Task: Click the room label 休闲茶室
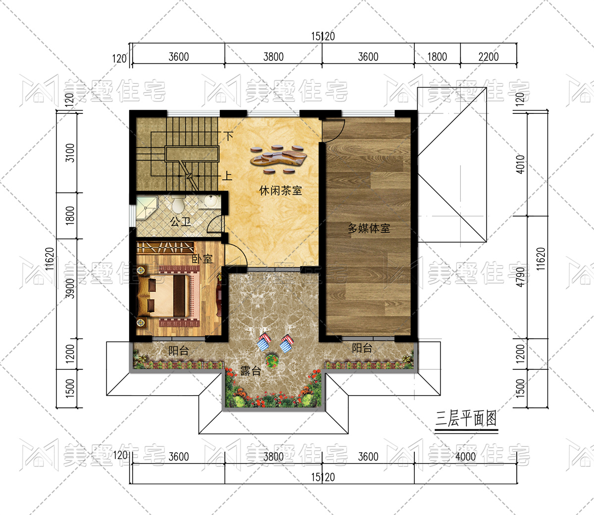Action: coord(280,191)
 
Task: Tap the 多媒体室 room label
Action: coord(369,228)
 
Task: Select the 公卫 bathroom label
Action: coord(181,222)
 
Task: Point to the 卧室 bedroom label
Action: coord(202,259)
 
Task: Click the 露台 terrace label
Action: coord(250,371)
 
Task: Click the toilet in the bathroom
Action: coord(178,205)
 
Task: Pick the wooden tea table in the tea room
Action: coord(278,159)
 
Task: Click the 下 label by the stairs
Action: coord(229,136)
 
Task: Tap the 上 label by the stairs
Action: coord(227,176)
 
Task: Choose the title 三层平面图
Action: coord(466,419)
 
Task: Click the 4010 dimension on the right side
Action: coord(520,164)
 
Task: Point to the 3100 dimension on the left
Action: coord(70,153)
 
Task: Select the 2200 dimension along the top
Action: coord(489,56)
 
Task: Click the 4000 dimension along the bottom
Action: coord(465,457)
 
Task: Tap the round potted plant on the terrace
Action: coord(272,361)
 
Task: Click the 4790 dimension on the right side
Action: coord(520,277)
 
